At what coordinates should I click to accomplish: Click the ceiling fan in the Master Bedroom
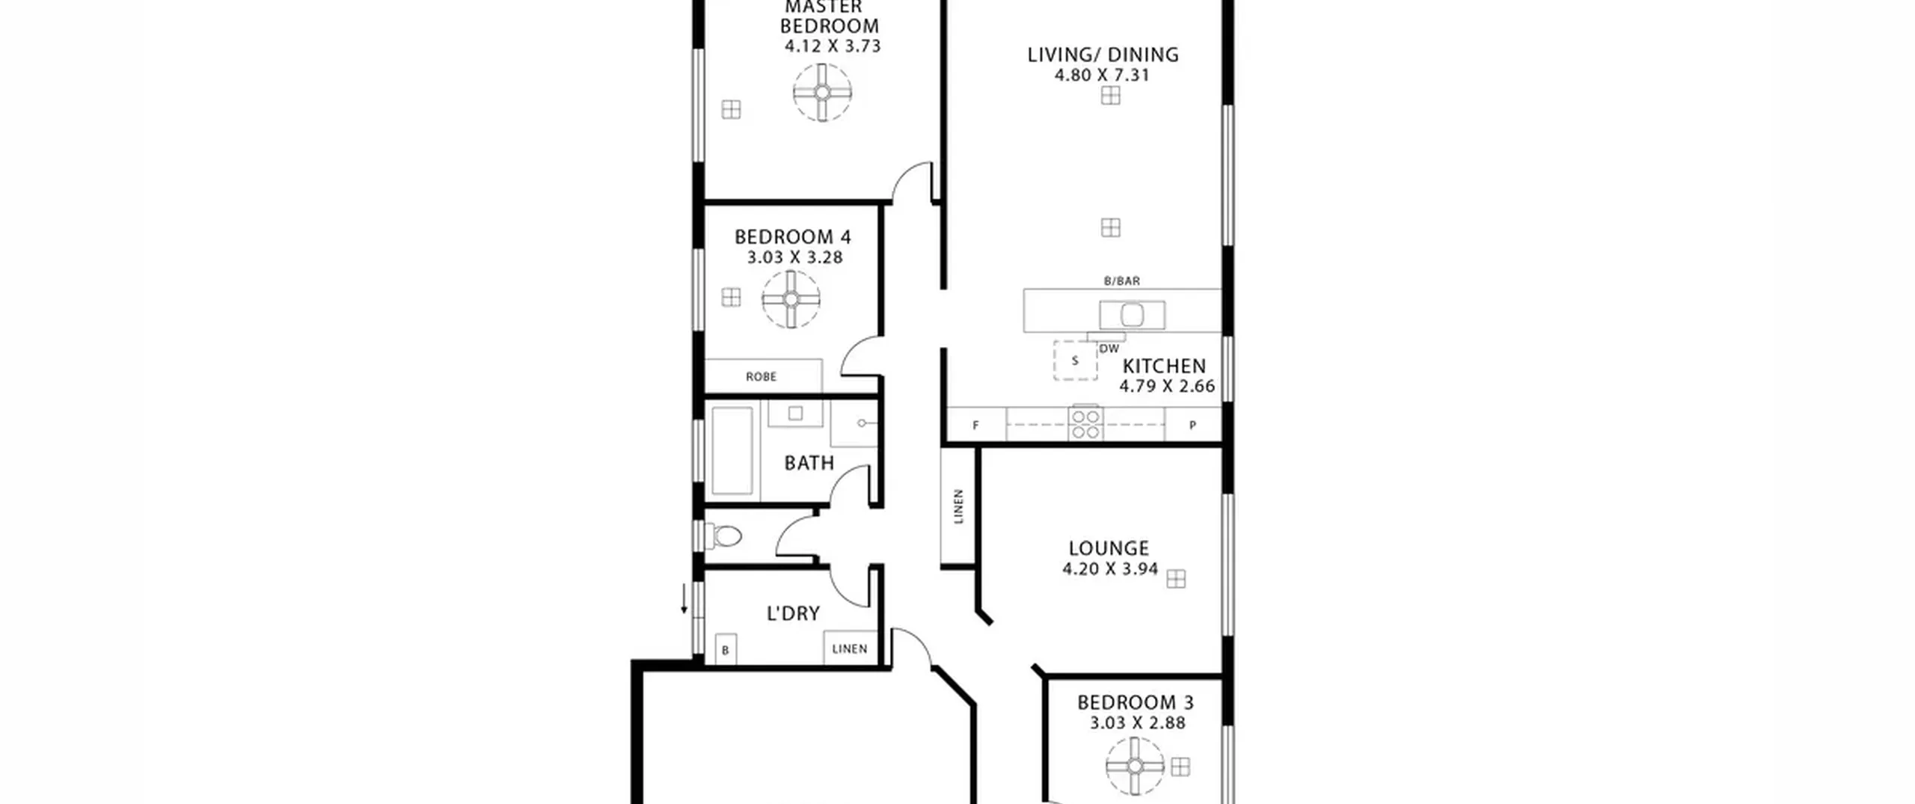(822, 93)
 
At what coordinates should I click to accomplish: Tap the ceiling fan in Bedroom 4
(791, 299)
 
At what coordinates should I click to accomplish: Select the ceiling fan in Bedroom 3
(1135, 767)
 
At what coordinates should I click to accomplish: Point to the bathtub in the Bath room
(732, 451)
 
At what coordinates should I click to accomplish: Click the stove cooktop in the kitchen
(1085, 423)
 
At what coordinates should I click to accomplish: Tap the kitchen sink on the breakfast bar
(1132, 314)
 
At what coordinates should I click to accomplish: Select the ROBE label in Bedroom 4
(761, 377)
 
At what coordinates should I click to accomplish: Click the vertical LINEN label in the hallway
(958, 506)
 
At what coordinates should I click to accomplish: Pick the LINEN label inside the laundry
(850, 648)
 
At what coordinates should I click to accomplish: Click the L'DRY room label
(793, 613)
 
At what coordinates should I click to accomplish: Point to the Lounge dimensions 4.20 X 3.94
(1110, 569)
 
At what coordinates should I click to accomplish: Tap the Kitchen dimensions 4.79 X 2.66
(1167, 387)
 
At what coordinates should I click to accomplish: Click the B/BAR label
(1122, 281)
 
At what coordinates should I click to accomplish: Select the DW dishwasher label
(1109, 349)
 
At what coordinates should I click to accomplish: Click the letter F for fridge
(975, 426)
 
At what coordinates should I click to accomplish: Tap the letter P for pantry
(1192, 425)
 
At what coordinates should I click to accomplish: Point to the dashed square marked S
(1075, 360)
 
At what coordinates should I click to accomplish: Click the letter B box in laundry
(725, 650)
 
